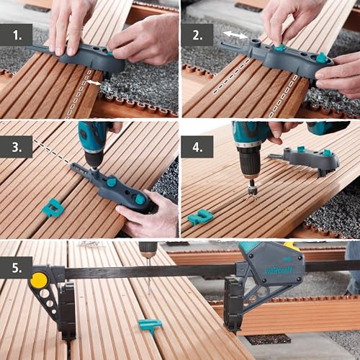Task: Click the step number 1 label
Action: [16, 33]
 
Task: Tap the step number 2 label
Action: [197, 33]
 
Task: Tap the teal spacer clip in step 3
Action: [52, 208]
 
